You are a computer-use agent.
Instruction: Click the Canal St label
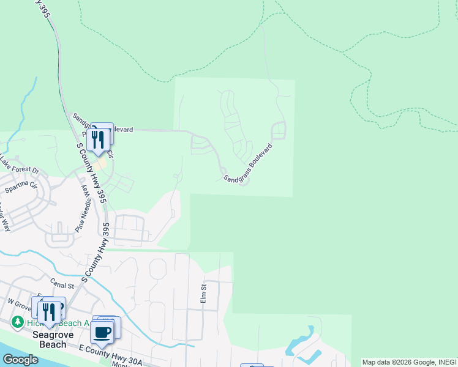pos(62,283)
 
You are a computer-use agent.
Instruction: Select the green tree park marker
pos(18,322)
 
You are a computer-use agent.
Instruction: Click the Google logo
pos(20,360)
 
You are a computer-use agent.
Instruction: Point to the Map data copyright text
pos(409,362)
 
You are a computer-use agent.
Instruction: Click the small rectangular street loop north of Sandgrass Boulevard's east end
pos(279,130)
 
